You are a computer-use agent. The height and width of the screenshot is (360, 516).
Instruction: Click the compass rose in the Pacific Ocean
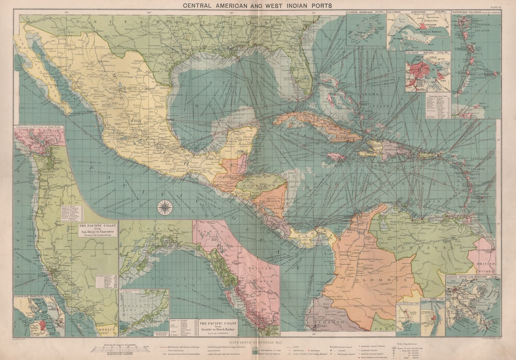click(165, 207)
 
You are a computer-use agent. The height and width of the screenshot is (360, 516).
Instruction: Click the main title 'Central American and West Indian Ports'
click(258, 6)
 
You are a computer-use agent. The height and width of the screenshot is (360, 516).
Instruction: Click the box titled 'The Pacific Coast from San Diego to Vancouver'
click(98, 230)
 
